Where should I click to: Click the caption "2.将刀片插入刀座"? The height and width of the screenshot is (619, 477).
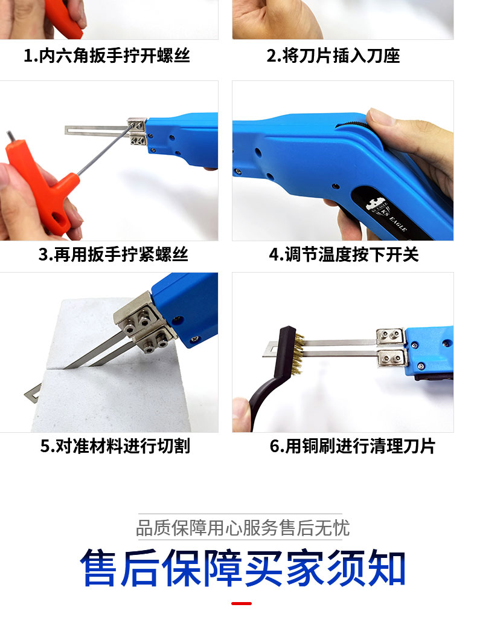pos(333,56)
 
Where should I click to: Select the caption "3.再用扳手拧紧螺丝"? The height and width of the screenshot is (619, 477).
pos(113,254)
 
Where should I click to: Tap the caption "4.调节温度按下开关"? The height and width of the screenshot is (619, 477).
pos(343,254)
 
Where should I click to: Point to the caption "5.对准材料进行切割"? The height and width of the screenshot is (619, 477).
pos(115,446)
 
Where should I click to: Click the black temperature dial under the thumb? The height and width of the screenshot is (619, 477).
pos(357,125)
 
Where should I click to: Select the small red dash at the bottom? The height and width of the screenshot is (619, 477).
pos(242,603)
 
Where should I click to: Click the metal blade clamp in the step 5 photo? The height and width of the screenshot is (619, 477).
pos(142,326)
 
